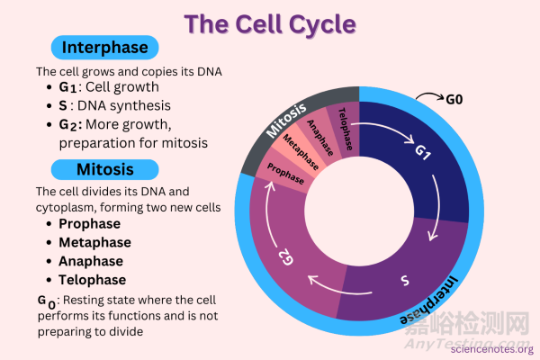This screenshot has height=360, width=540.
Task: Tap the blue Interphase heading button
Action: [x=105, y=48]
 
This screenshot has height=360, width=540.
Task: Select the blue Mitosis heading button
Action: [x=105, y=169]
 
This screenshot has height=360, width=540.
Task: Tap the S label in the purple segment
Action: [x=405, y=282]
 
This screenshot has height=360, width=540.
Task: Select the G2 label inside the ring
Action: [x=285, y=259]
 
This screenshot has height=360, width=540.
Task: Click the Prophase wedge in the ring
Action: [x=284, y=173]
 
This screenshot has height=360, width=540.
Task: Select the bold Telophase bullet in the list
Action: [x=93, y=279]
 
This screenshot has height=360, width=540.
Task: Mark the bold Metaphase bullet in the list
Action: [x=94, y=242]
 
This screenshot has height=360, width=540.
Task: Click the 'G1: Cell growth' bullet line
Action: [x=109, y=88]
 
